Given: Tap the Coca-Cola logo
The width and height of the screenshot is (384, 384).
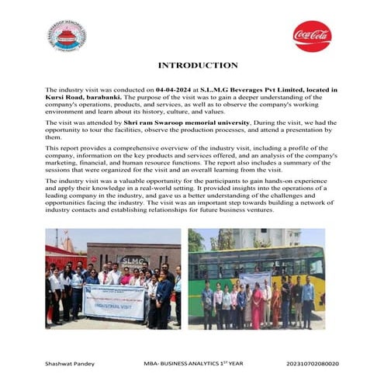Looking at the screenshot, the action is click(x=312, y=36).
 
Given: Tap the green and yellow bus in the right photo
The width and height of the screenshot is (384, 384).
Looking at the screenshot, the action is click(x=256, y=264).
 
